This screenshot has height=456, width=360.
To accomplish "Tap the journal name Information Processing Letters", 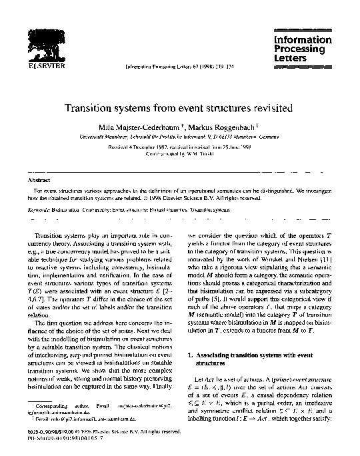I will tap(303, 49).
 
